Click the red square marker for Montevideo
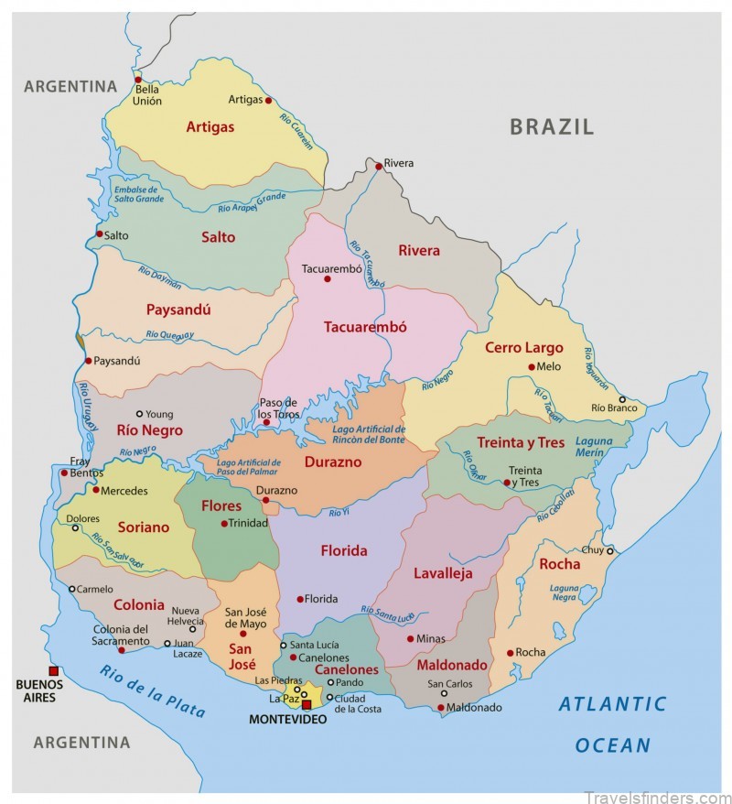(x=307, y=704)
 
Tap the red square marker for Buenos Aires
(x=54, y=671)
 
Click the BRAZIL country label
(x=552, y=127)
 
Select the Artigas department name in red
(x=210, y=127)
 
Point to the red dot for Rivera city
(x=378, y=166)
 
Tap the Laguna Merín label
(x=595, y=446)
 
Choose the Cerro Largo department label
(x=523, y=348)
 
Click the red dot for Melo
(x=531, y=366)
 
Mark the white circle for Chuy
(x=610, y=550)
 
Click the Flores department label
(x=221, y=505)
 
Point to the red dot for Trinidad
(x=224, y=524)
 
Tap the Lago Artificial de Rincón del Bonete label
(x=369, y=435)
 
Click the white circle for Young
(x=139, y=414)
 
